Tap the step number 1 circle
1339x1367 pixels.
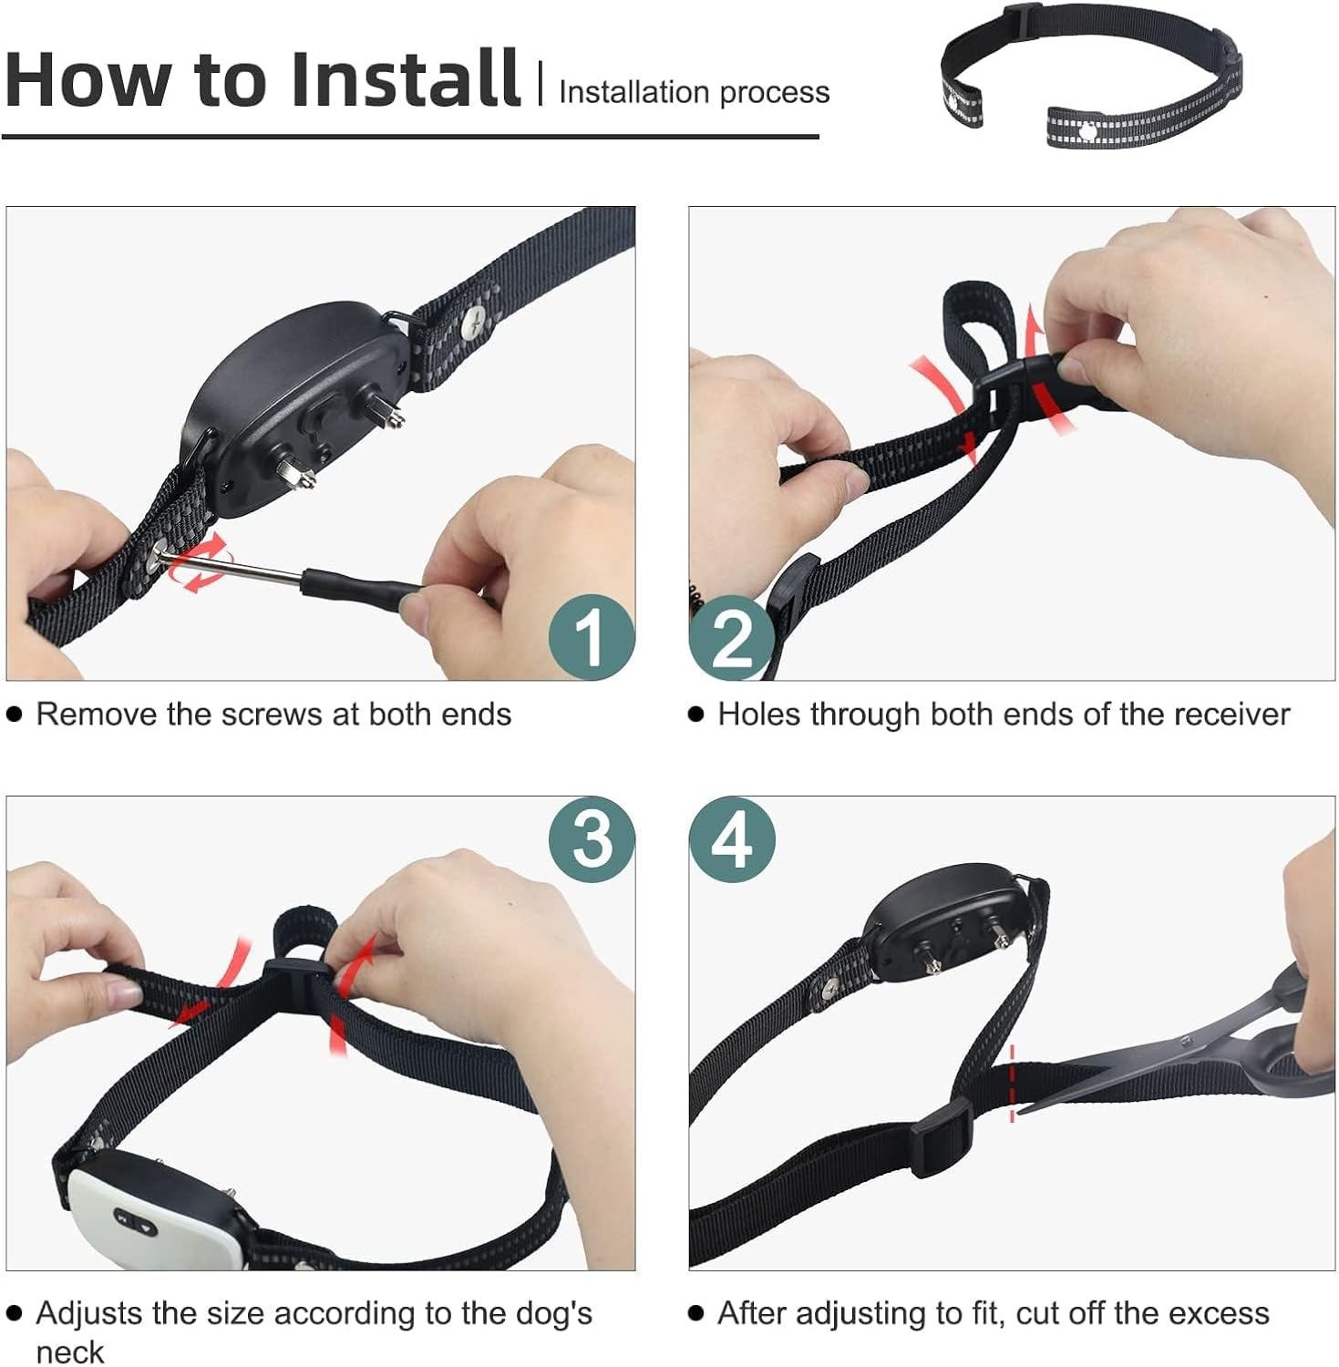(591, 636)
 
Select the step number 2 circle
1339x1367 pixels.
(731, 636)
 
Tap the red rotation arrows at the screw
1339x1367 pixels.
(202, 563)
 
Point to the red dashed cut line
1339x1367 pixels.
(1012, 1084)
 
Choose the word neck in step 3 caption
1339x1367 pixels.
(69, 1352)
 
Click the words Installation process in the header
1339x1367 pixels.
(694, 92)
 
